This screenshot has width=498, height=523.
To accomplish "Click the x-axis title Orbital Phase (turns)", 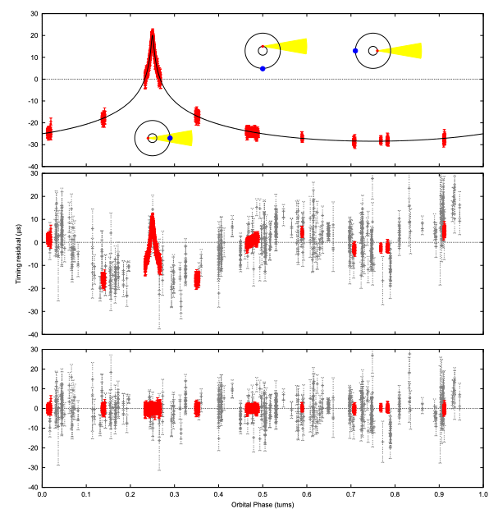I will coord(263,516).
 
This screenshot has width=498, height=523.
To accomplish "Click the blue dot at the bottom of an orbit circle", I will coord(263,68).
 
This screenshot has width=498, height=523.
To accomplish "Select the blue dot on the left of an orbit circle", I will coord(355,51).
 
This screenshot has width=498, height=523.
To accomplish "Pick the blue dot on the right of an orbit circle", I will coord(170,138).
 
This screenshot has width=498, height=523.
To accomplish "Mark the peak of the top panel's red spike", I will coord(153,32).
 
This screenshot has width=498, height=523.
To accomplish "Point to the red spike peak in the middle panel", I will coord(153,216).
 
